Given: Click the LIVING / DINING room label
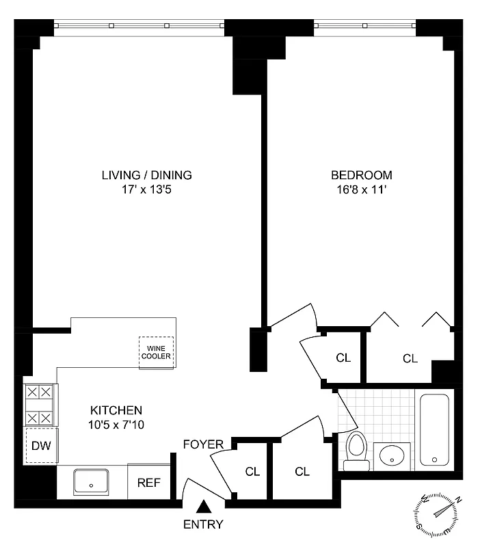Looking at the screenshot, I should click(146, 175).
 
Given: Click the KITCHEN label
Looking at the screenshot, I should click(116, 410).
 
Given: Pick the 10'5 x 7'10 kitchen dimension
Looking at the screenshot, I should click(116, 425).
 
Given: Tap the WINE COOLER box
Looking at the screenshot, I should click(157, 352).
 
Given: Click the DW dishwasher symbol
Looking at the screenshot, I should click(40, 446).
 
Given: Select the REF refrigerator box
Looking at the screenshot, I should click(148, 482).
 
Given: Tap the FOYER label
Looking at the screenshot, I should click(203, 445).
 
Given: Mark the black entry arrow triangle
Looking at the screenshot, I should click(203, 507).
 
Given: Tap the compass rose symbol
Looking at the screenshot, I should click(436, 515).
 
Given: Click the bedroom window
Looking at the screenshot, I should click(365, 26).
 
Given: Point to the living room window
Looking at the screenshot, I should click(139, 26).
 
